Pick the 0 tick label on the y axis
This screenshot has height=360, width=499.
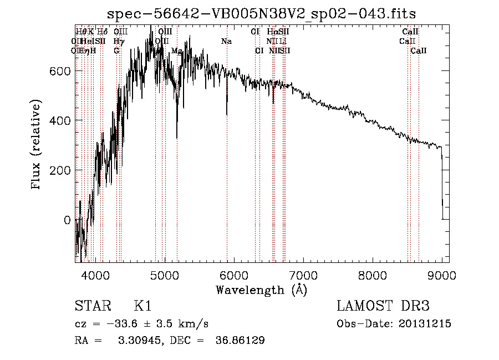coord(67,220)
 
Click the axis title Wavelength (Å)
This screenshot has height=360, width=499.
coord(261,290)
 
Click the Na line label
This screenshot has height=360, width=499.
coord(226,42)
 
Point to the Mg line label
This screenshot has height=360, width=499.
coord(177,51)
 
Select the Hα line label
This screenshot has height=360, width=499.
coord(272,32)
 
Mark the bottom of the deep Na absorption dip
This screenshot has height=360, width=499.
coord(227,114)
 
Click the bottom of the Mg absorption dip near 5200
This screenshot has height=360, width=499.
coord(177,138)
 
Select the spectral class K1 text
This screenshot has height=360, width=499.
coord(142,306)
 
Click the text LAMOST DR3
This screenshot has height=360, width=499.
coord(383,306)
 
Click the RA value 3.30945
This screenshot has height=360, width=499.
coord(136,341)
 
